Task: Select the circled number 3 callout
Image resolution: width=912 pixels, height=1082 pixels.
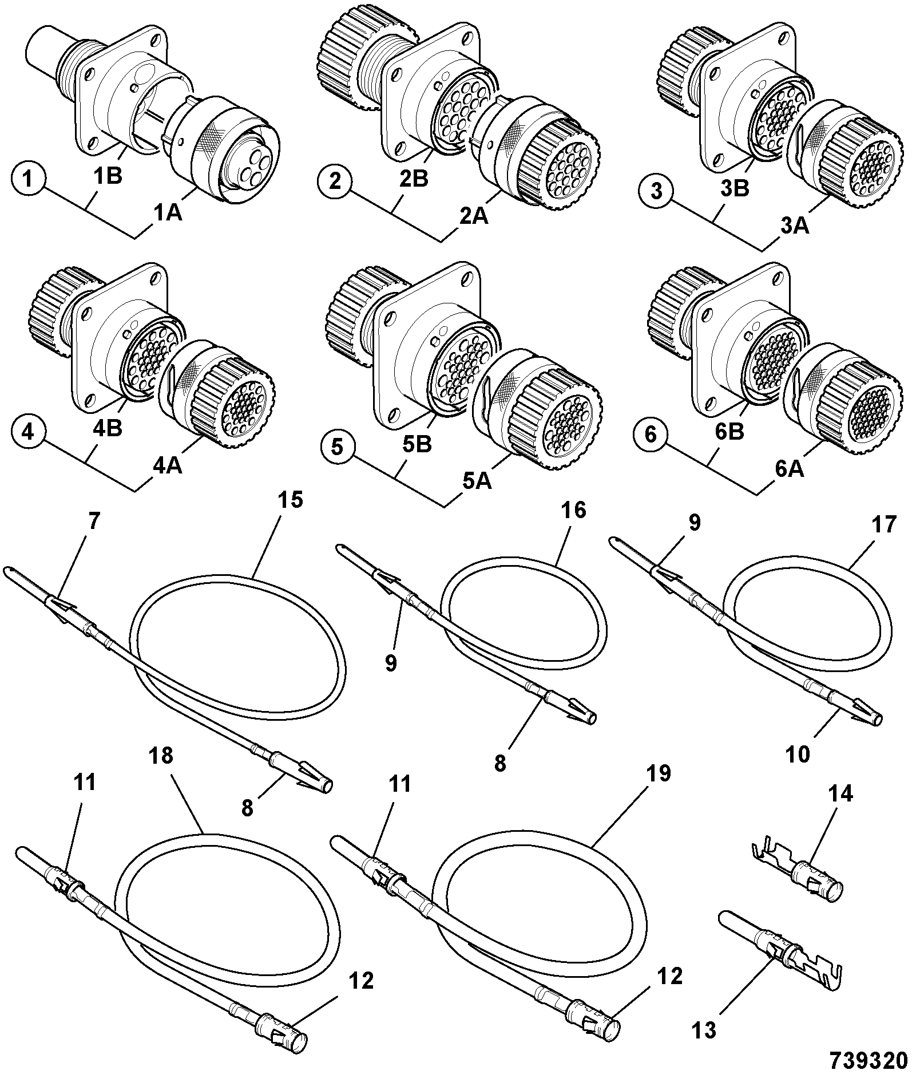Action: click(x=656, y=191)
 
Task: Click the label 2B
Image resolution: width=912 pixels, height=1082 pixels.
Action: click(x=413, y=179)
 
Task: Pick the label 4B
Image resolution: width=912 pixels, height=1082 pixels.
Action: click(x=106, y=429)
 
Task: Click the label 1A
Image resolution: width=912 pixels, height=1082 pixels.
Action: click(x=167, y=214)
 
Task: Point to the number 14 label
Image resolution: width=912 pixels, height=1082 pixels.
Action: click(x=840, y=794)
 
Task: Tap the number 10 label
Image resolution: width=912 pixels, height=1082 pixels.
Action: click(x=798, y=755)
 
